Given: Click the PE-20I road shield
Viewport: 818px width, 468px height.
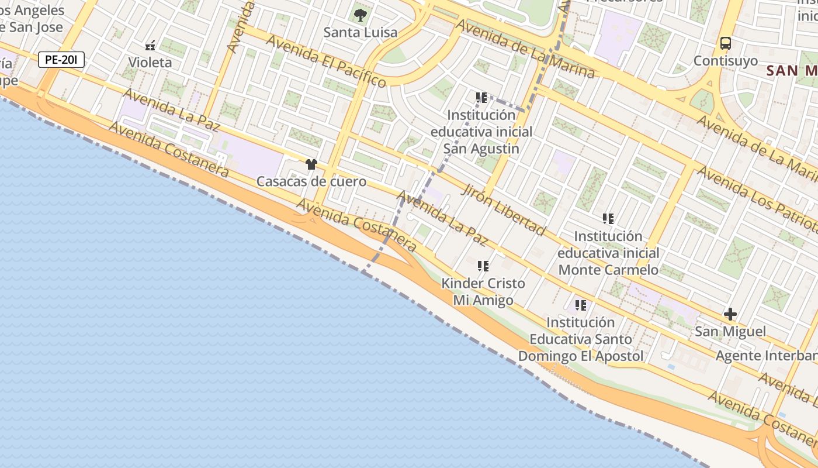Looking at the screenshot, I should pos(62,59).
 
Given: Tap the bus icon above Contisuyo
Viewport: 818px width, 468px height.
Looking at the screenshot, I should pos(725,43).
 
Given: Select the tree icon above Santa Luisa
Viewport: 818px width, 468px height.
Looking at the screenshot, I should pos(361,15).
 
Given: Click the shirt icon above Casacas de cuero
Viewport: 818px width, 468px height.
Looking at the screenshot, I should pos(311,164).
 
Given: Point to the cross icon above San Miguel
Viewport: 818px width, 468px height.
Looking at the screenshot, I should pos(730,314).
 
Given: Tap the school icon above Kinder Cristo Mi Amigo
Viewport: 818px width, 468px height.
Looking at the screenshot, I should pos(483,266).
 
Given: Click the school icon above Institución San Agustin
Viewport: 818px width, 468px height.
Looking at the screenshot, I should pos(481,98).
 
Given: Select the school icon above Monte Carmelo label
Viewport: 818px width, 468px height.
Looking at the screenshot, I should pos(608,219).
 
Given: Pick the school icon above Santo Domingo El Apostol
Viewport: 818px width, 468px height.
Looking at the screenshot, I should pos(580,305).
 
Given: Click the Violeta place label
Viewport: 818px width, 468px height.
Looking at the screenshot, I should pos(150,62).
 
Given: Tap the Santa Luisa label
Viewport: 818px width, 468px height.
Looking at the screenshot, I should pos(361,32).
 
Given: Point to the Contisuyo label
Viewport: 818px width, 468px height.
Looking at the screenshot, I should pos(725,60).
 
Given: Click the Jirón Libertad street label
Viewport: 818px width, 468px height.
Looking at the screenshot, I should pos(503,209).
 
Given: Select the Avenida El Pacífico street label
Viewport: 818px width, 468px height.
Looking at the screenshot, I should pos(326,60).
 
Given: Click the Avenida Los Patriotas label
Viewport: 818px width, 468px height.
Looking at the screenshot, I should pos(757,198).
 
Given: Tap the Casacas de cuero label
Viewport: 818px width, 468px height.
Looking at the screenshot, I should pos(311,181).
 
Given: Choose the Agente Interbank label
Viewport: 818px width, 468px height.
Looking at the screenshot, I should pos(766,356).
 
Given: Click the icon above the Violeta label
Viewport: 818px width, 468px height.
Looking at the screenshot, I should pos(150,45).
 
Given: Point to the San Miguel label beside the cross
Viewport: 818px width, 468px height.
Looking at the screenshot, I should pos(730,332).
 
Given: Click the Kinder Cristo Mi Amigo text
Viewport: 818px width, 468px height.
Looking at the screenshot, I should pos(483,292).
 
